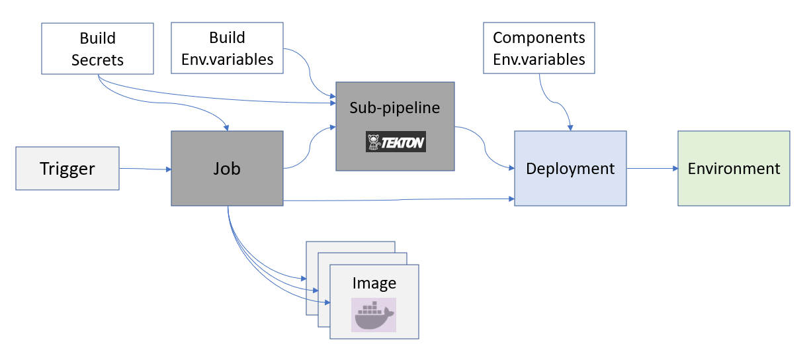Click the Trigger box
pos(67,169)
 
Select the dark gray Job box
pos(227,168)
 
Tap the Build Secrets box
pos(97,48)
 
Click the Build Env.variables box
pos(227,48)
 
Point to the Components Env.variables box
pos(539,48)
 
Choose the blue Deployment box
pos(570,168)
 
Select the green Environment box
pos(734,168)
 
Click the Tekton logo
pos(396,142)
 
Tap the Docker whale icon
pos(374,315)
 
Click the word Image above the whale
pos(374,283)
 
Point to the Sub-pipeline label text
pos(395,107)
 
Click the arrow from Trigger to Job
pos(145,169)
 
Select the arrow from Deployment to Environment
pos(652,168)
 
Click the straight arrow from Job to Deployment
pos(397,200)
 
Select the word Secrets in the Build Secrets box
pos(97,60)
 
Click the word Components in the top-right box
pos(539,37)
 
